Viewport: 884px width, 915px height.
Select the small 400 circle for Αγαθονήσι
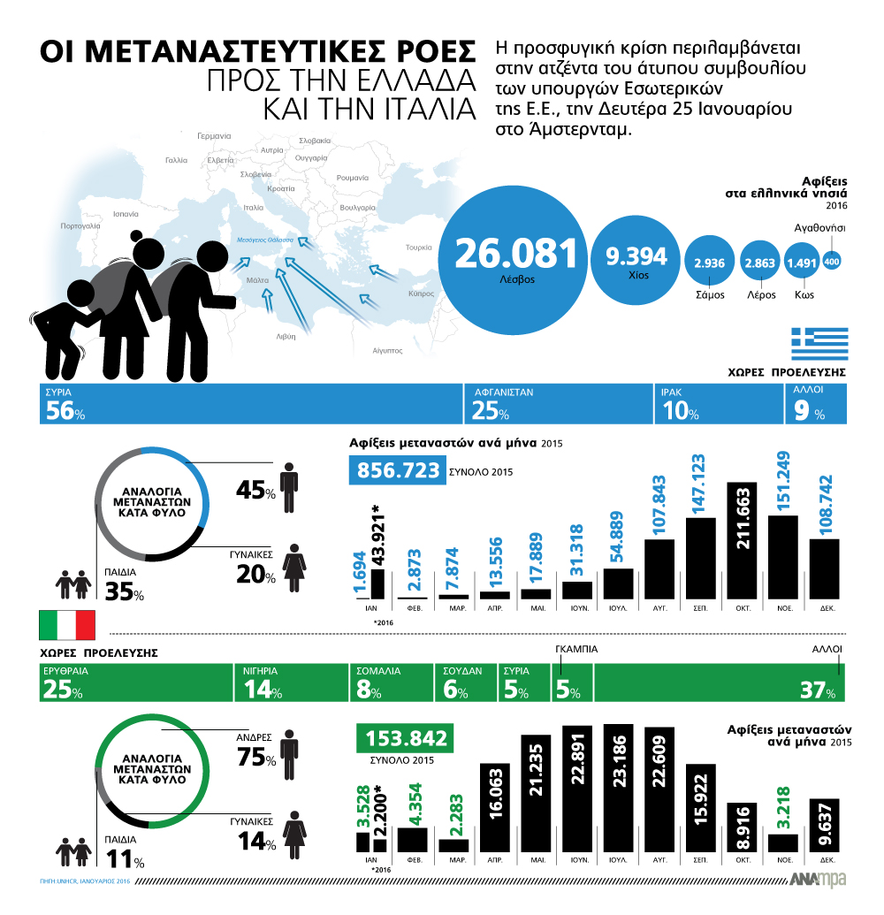832,261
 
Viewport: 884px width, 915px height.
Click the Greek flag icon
819,343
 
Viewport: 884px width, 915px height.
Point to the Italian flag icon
67,624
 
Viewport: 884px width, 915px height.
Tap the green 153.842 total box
403,737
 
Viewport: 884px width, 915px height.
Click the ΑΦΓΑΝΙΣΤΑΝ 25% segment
557,404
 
